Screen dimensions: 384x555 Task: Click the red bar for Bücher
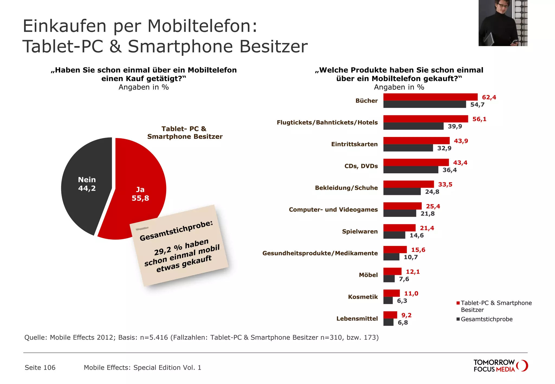click(x=430, y=97)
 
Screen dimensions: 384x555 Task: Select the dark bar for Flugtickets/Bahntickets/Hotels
click(x=413, y=126)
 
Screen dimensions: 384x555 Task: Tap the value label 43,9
click(x=461, y=141)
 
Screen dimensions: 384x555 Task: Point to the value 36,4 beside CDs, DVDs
click(x=450, y=170)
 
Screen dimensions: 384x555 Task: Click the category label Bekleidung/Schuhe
click(x=346, y=188)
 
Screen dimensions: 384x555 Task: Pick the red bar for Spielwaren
click(x=399, y=228)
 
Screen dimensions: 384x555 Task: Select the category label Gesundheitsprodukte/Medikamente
click(x=320, y=253)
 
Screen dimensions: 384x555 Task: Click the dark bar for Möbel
click(x=389, y=279)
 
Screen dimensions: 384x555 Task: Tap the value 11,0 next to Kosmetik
click(x=411, y=294)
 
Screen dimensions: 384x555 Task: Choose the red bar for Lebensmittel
click(x=390, y=315)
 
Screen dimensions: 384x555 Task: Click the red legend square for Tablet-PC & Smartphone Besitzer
click(x=458, y=303)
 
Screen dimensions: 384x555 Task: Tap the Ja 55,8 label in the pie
click(x=140, y=194)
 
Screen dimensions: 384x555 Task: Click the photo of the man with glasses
click(x=503, y=23)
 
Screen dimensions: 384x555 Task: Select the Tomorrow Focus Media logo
click(x=500, y=366)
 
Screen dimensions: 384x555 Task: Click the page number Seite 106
click(x=40, y=367)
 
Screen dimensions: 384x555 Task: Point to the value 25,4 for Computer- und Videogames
click(x=433, y=206)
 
